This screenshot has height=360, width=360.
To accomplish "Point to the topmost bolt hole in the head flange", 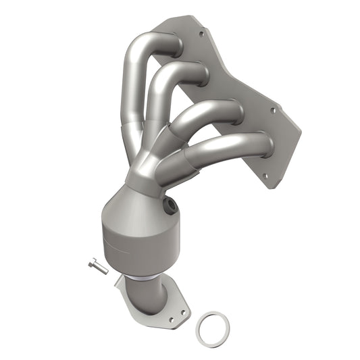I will (201, 32).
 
